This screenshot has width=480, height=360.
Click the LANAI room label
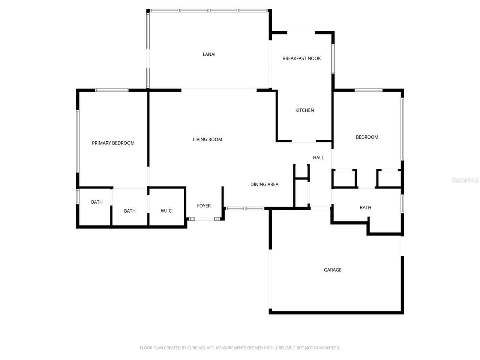pyautogui.click(x=209, y=54)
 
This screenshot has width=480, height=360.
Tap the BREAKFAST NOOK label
pyautogui.click(x=301, y=58)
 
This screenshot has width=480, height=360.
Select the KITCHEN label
pyautogui.click(x=304, y=110)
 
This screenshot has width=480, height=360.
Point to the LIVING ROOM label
pyautogui.click(x=207, y=139)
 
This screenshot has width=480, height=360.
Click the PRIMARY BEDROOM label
pyautogui.click(x=113, y=143)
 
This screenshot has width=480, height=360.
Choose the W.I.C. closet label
pyautogui.click(x=166, y=211)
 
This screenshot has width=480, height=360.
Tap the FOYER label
pyautogui.click(x=204, y=206)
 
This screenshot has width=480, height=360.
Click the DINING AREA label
pyautogui.click(x=264, y=184)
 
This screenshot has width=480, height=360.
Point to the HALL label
pyautogui.click(x=318, y=158)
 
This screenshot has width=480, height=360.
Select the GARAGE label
pyautogui.click(x=332, y=270)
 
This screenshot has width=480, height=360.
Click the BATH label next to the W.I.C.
pyautogui.click(x=130, y=211)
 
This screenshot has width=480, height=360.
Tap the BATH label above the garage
pyautogui.click(x=365, y=208)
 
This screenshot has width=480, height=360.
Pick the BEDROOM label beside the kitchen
pyautogui.click(x=367, y=137)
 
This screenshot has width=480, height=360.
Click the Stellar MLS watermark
pyautogui.click(x=465, y=180)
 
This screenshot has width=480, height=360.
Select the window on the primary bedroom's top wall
pyautogui.click(x=112, y=90)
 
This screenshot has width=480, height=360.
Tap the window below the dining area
pyautogui.click(x=245, y=208)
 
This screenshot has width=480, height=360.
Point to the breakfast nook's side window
pyautogui.click(x=333, y=58)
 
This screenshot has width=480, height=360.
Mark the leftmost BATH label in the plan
pyautogui.click(x=97, y=202)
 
